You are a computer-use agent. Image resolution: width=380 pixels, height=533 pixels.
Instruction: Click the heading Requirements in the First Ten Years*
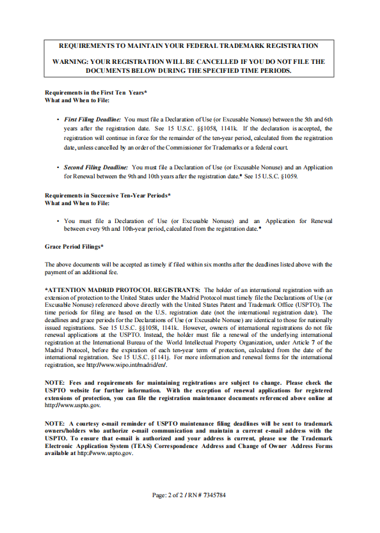point(96,93)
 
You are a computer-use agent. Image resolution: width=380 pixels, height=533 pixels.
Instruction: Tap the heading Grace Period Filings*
point(74,246)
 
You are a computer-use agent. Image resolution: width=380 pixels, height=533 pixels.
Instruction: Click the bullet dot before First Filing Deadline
point(58,120)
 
